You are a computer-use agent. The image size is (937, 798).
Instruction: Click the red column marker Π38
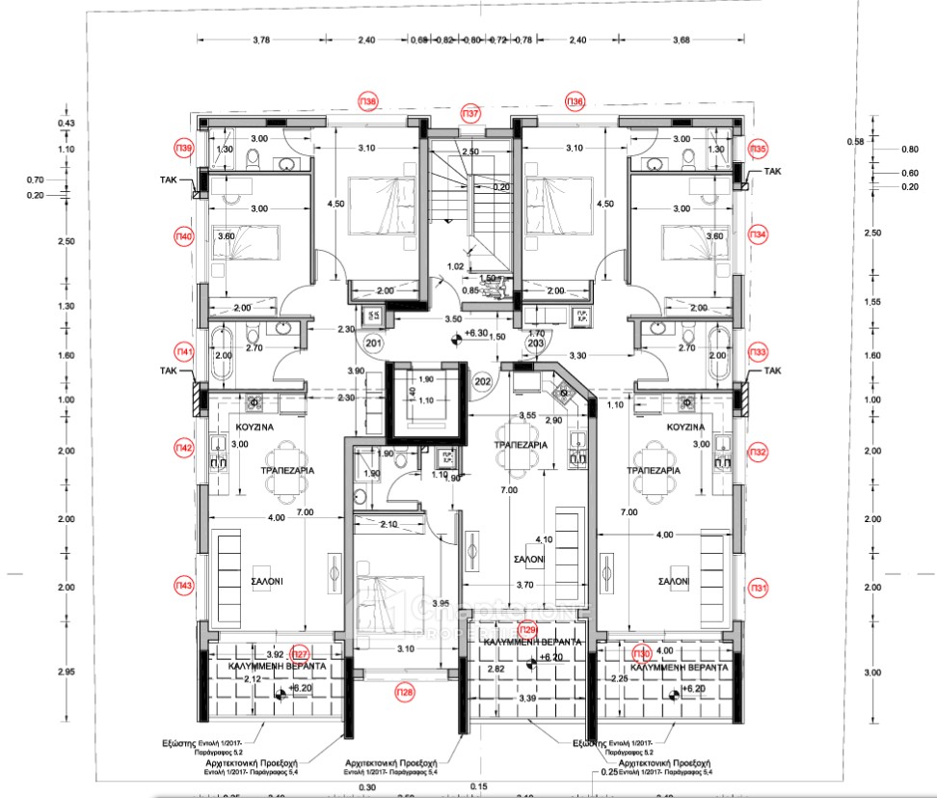click(x=368, y=101)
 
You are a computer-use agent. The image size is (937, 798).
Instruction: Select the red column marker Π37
click(x=471, y=114)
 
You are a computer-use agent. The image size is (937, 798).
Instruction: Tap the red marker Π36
click(x=575, y=101)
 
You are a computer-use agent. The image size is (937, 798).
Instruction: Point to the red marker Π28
click(x=404, y=691)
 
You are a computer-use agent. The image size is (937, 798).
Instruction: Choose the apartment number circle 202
click(x=483, y=381)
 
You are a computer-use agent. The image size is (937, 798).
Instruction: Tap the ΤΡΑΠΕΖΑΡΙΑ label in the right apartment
click(x=653, y=470)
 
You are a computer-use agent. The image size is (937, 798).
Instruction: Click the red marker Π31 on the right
click(x=759, y=588)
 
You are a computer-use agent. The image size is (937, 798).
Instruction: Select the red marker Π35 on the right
click(x=759, y=150)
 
